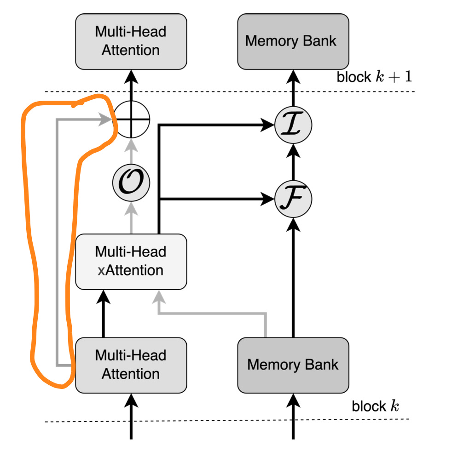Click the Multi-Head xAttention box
click(x=131, y=262)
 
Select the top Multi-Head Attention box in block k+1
click(x=131, y=41)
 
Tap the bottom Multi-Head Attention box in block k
click(x=131, y=365)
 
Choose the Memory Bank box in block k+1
click(x=293, y=41)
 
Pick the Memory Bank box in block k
click(x=293, y=365)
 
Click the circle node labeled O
click(x=131, y=183)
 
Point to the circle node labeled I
click(x=293, y=125)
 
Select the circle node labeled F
click(x=293, y=199)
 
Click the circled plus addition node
click(x=131, y=119)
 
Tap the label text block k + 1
click(x=374, y=77)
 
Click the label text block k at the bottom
click(x=375, y=406)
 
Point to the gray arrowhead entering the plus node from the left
click(x=105, y=119)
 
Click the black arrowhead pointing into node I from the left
click(x=267, y=125)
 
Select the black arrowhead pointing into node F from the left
click(x=267, y=199)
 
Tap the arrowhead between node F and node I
click(x=293, y=151)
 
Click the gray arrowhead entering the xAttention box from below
click(x=159, y=297)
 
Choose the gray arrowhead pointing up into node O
click(x=131, y=209)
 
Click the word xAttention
click(x=130, y=270)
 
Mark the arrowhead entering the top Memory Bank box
click(x=293, y=77)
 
